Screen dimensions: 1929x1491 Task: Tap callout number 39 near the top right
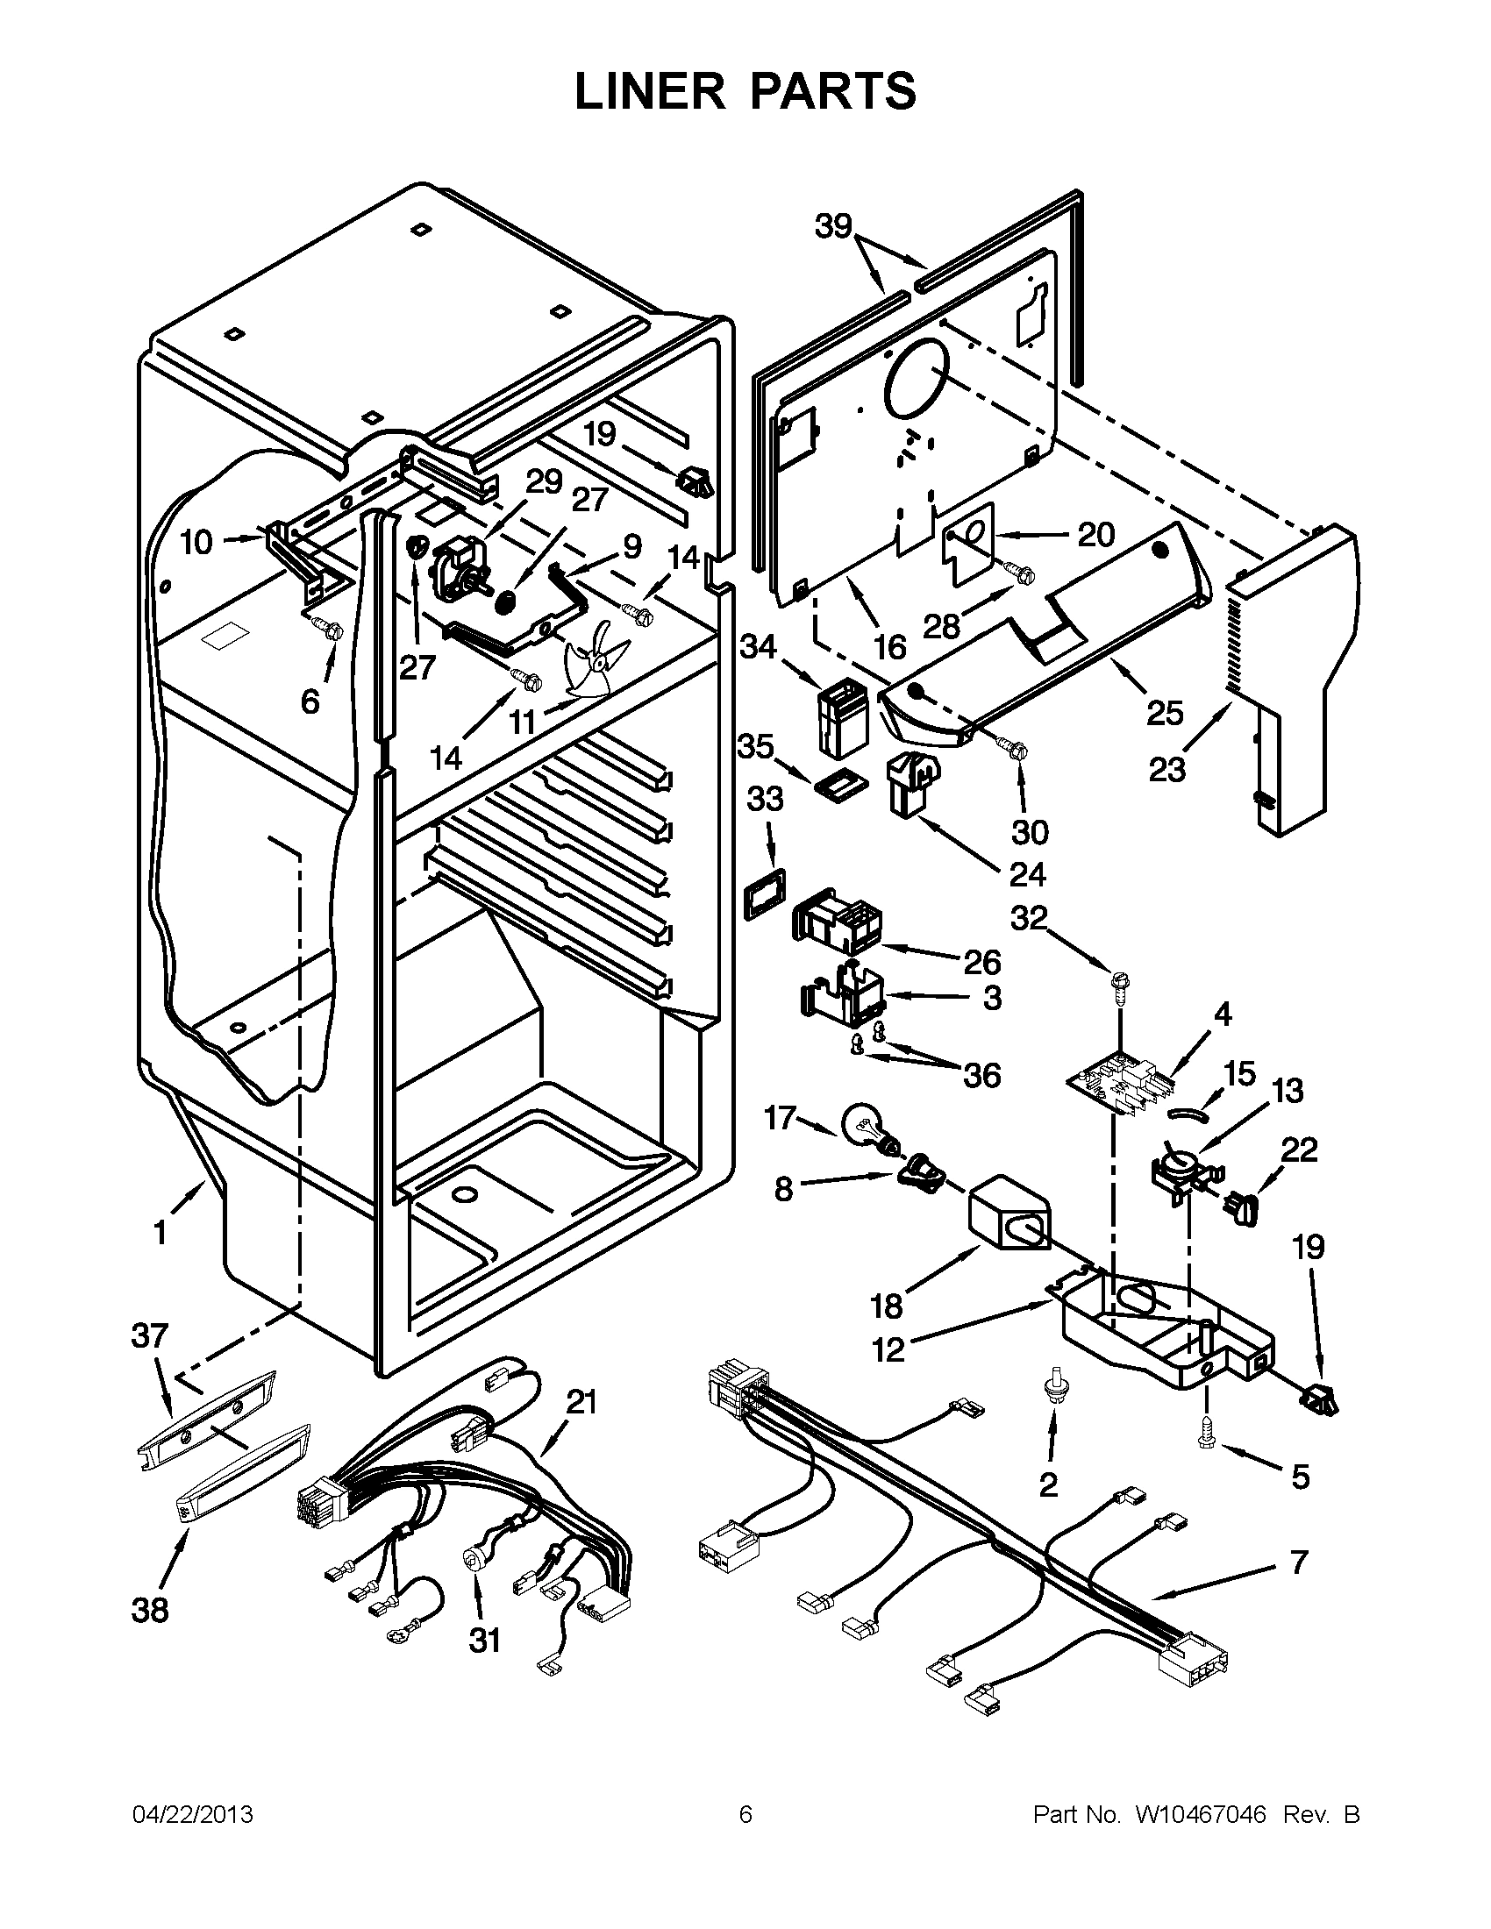pos(832,227)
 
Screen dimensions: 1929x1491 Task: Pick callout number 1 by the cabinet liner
pos(160,1232)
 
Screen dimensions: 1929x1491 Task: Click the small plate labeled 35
pos(840,781)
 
